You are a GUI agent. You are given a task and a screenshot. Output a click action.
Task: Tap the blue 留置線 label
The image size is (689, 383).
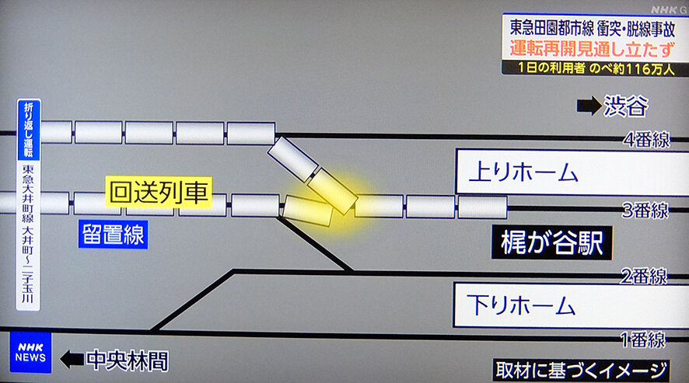(112, 235)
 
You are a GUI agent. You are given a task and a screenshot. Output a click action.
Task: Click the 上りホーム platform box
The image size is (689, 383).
(571, 172)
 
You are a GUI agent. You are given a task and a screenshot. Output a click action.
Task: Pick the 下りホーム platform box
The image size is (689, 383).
(571, 304)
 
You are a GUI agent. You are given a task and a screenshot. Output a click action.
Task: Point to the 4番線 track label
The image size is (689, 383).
(646, 141)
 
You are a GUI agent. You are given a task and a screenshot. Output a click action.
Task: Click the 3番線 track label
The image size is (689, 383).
(645, 210)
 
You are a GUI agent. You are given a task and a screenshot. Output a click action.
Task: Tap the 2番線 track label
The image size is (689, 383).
(642, 276)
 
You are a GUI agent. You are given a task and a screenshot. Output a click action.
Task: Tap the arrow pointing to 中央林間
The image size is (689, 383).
(72, 359)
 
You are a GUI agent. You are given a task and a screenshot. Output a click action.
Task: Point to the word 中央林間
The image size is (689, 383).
(127, 360)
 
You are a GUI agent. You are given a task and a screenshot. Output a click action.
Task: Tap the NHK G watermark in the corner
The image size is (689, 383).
(666, 9)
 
